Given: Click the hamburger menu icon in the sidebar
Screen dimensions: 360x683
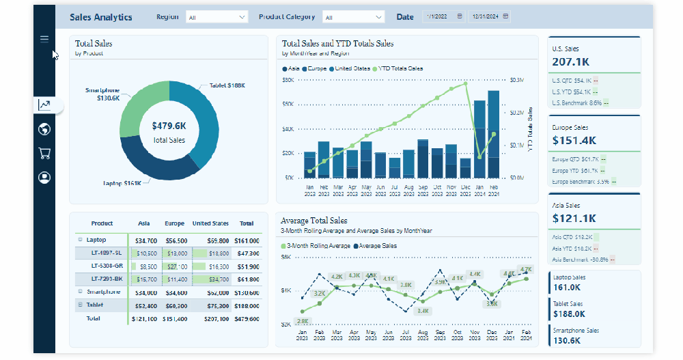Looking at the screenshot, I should tap(44, 39).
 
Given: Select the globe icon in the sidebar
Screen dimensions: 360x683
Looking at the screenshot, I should tap(44, 129).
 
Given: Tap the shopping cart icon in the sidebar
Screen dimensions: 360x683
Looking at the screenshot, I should tap(44, 153).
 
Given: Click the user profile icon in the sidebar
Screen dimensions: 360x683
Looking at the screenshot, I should tap(44, 178).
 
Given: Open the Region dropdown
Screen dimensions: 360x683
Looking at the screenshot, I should tap(217, 17).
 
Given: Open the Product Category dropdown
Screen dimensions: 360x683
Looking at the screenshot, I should tap(353, 17).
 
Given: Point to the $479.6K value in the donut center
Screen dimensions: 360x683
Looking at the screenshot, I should tap(169, 126).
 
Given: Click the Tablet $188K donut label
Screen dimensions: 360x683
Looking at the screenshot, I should tap(223, 85).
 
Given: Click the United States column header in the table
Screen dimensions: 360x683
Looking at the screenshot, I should tap(210, 223).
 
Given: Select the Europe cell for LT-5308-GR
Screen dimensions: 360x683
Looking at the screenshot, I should tap(176, 266).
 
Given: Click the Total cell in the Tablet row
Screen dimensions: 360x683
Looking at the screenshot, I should tap(247, 305).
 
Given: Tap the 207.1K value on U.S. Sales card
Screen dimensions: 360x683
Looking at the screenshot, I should tap(571, 62).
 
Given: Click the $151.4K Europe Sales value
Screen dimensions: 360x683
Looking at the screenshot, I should tap(574, 141).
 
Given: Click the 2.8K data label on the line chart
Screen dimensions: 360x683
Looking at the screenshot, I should tap(303, 321).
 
